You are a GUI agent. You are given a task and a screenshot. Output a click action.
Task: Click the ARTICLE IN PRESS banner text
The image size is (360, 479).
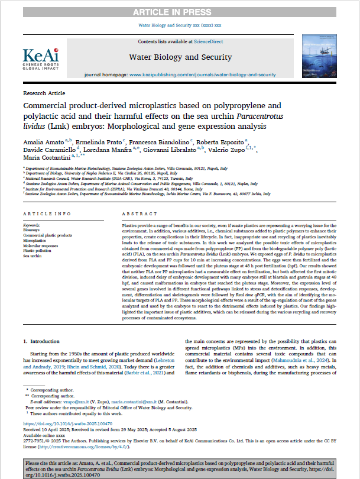180,12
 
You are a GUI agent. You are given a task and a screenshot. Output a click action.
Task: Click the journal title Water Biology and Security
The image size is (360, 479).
179,58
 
